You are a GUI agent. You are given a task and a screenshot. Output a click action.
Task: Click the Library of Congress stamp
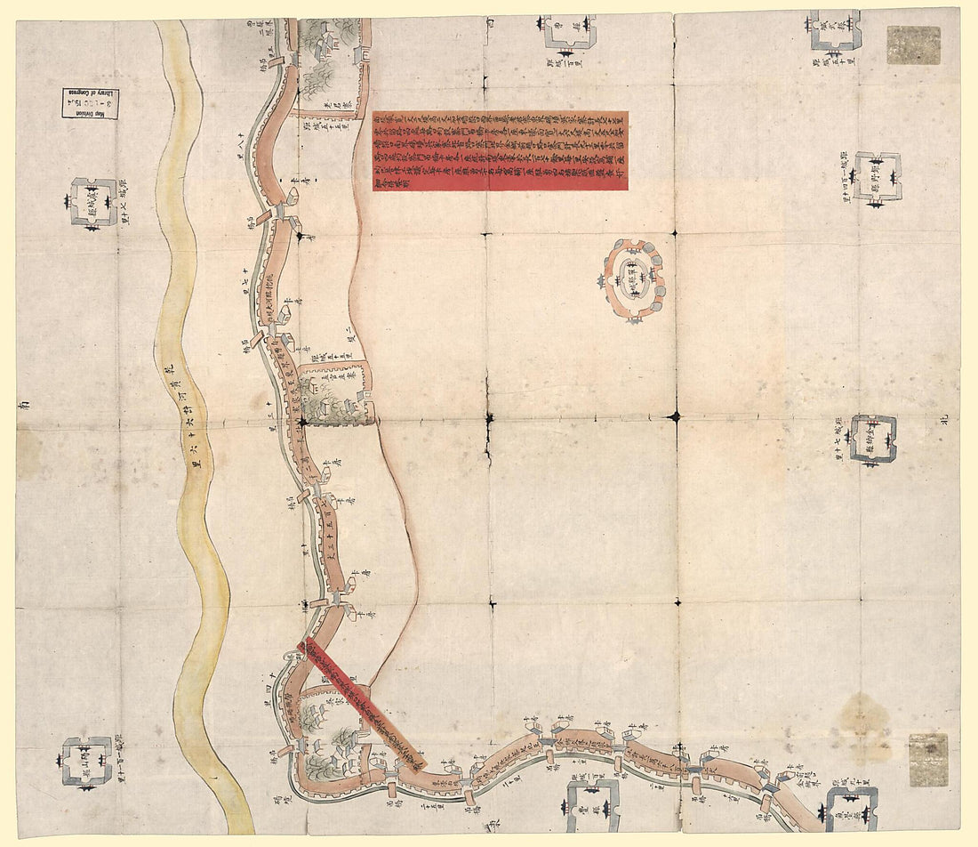point(90,103)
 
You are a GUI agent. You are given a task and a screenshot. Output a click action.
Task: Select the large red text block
point(500,150)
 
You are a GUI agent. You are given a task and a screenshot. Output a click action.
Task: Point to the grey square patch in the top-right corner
point(913,44)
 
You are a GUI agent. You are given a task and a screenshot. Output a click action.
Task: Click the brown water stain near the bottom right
point(863,717)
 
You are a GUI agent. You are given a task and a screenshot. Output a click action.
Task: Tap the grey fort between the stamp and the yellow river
point(92,203)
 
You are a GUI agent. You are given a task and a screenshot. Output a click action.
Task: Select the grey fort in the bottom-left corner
point(87,762)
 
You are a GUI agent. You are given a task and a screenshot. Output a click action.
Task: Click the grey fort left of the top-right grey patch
point(834,32)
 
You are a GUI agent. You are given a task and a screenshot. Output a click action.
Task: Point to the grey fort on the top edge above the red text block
point(569,31)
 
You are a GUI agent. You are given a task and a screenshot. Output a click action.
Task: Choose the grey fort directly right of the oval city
point(877,175)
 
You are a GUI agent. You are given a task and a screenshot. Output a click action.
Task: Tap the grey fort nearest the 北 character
point(872,439)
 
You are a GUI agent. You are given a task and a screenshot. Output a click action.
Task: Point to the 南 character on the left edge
point(24,405)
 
